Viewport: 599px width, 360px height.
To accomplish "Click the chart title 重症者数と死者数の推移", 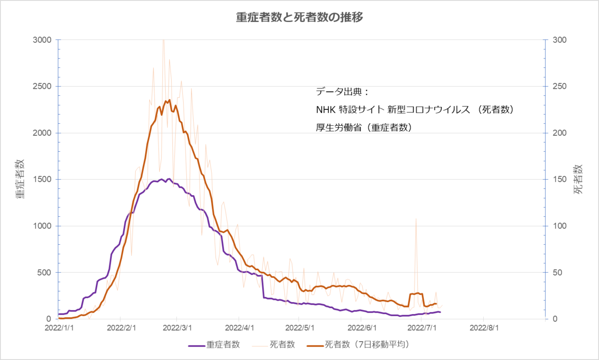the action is tap(299, 17).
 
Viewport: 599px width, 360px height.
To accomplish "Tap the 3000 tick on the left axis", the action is tap(42, 40).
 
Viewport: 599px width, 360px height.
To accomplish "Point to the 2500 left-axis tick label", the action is tap(42, 86).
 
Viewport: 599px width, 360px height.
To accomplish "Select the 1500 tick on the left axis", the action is tap(42, 179).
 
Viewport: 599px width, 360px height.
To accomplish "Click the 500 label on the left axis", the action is tap(44, 273).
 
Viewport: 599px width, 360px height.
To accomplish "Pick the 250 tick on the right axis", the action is tap(560, 86).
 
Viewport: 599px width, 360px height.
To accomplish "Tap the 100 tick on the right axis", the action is tap(560, 226).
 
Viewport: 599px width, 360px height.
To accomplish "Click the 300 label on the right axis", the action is tap(560, 40).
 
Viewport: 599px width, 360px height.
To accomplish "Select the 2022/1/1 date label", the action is tap(59, 328).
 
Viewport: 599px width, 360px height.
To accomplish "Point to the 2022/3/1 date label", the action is tap(177, 328).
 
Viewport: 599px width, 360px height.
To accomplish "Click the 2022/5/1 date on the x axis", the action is tap(300, 328).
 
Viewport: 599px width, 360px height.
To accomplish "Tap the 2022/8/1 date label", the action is tap(484, 328).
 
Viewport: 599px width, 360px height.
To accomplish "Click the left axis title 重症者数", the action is tap(20, 179).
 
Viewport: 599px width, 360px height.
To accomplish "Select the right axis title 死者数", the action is tap(578, 179).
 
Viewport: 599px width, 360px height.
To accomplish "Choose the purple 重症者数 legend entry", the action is tap(214, 345).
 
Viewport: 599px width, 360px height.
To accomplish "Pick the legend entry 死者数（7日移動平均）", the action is tap(358, 345).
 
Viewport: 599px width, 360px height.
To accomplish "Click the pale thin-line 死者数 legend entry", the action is tap(274, 345).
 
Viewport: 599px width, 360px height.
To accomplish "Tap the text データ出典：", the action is tap(343, 92).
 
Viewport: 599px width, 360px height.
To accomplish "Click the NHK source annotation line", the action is tap(415, 110).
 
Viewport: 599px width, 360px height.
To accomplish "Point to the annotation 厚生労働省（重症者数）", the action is tap(364, 128).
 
